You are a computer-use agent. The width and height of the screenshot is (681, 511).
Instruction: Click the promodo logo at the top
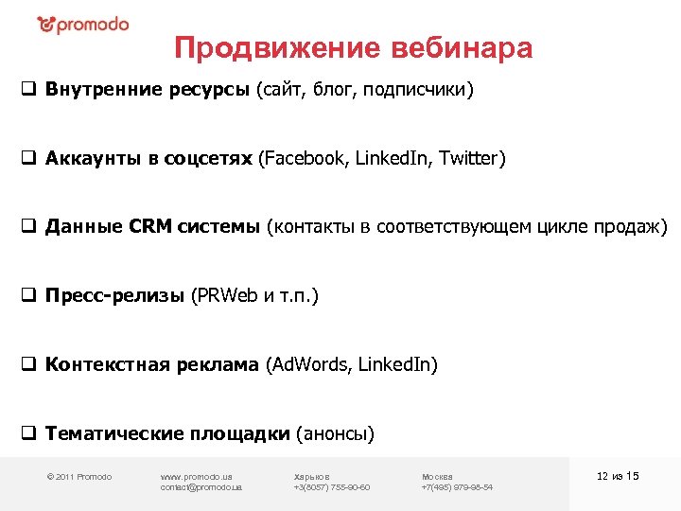tap(83, 25)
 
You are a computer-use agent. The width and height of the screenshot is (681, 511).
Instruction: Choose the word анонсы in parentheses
tap(336, 434)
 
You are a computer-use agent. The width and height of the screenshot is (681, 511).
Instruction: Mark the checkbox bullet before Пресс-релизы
tap(28, 296)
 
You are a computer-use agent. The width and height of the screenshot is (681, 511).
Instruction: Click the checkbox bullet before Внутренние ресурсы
tap(28, 91)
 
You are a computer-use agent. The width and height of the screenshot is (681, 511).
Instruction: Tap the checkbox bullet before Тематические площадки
tap(28, 434)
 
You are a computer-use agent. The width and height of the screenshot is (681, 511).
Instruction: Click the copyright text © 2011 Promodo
tap(79, 476)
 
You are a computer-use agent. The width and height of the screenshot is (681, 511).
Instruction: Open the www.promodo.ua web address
tap(197, 476)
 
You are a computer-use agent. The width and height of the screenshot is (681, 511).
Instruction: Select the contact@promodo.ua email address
tap(201, 487)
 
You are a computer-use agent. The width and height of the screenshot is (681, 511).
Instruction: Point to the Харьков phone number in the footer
tap(331, 487)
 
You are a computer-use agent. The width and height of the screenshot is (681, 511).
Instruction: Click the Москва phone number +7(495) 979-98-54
tap(457, 487)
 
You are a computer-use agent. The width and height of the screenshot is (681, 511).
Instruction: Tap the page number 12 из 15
tap(618, 475)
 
